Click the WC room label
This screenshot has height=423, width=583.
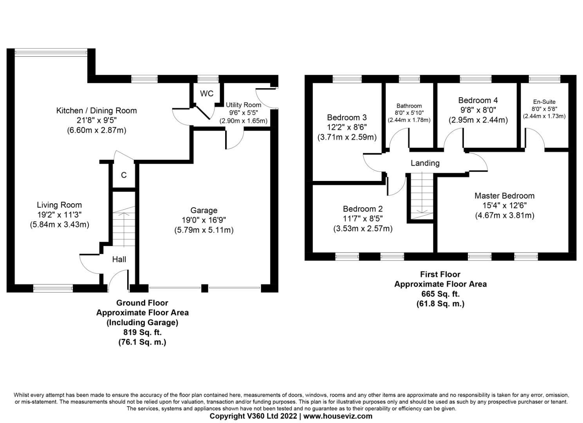(x=207, y=94)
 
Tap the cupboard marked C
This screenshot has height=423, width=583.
(x=124, y=175)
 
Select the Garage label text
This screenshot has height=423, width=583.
(x=204, y=210)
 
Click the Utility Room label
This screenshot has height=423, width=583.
(x=243, y=105)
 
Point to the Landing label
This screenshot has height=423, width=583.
(x=425, y=163)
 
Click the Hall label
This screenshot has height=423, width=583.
(x=119, y=259)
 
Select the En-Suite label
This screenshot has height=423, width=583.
(x=544, y=102)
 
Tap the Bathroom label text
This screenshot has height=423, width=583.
(x=409, y=106)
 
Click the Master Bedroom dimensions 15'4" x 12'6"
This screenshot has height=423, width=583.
(x=504, y=206)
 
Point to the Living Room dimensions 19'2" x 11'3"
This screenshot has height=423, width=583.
(x=60, y=215)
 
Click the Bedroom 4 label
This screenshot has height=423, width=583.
(x=478, y=100)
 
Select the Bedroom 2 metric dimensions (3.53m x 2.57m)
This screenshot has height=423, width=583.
(x=363, y=228)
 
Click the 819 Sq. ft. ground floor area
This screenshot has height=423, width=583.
(x=142, y=332)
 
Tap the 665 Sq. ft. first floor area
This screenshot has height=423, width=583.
(x=440, y=294)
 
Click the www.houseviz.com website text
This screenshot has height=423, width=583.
(x=338, y=416)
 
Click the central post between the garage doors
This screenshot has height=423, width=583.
(x=204, y=288)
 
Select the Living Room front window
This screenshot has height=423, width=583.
(x=53, y=289)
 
